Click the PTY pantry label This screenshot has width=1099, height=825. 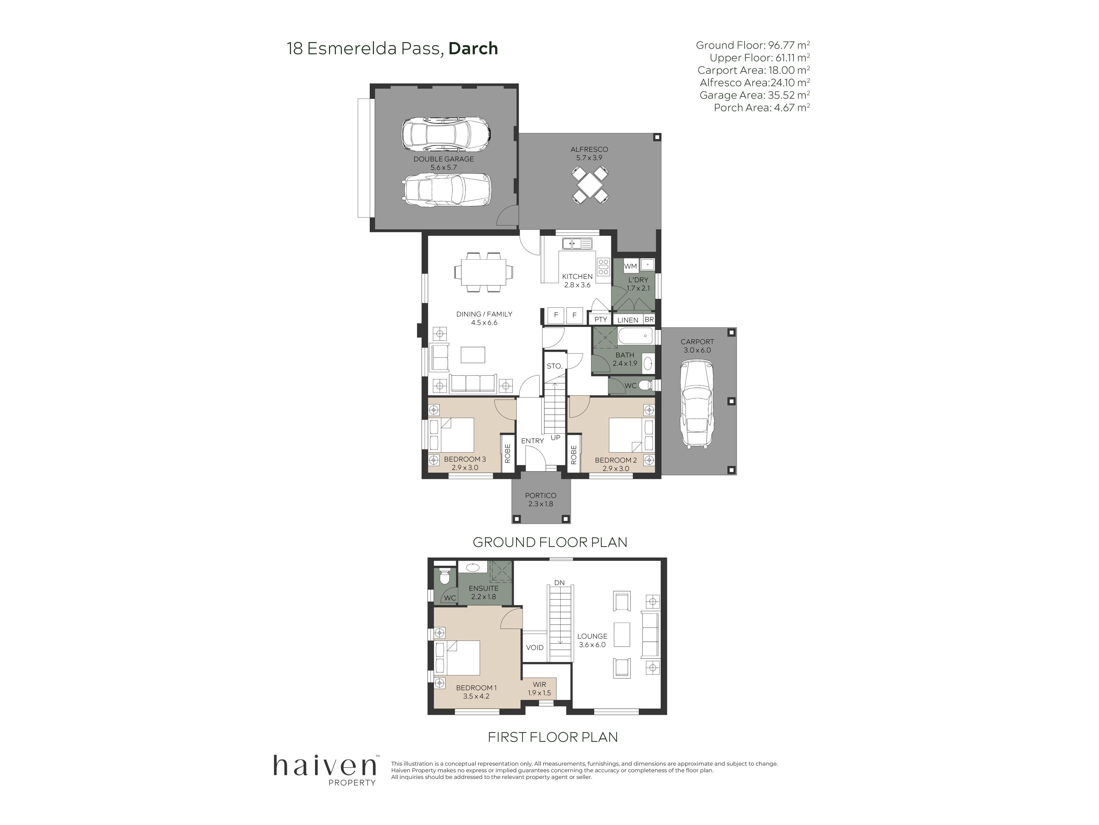601,319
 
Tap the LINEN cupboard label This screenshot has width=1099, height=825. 628,320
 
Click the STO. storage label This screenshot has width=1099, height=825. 554,366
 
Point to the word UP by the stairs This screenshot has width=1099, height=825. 556,438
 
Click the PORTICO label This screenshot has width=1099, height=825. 541,495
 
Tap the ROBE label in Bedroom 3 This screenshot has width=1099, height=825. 507,453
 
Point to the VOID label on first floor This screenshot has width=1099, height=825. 535,647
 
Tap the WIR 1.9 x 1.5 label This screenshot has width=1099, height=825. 539,689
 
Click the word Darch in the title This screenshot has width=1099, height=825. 473,48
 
